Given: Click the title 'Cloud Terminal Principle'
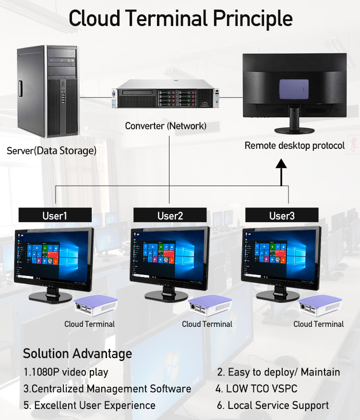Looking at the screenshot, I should point(180,19).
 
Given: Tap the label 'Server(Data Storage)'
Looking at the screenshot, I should point(51,151).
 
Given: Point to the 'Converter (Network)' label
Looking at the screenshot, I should point(166,126).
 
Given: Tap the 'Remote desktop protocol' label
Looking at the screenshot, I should point(295,145).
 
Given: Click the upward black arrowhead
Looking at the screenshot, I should point(281,164).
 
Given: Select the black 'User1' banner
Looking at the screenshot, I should point(55,216).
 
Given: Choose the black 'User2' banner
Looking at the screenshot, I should point(170,216).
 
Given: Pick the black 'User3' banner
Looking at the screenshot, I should point(282,216).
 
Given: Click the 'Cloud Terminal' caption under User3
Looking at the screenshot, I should point(319,324).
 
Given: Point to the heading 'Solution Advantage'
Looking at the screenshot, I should point(77,354).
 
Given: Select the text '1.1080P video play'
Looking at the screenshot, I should point(66,372).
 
